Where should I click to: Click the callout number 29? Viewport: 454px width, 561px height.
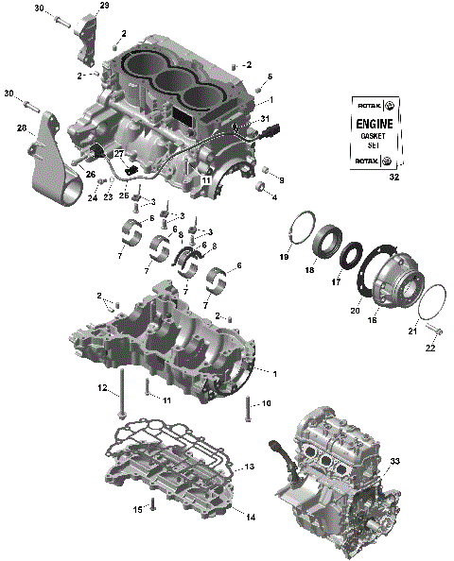click(x=104, y=6)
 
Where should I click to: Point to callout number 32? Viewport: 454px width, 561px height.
click(x=393, y=176)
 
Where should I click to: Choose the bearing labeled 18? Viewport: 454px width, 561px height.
click(x=326, y=238)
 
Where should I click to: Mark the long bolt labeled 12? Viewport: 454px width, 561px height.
click(x=122, y=394)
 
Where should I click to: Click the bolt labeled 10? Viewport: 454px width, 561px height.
click(x=247, y=409)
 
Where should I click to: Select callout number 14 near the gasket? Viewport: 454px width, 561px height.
click(x=251, y=517)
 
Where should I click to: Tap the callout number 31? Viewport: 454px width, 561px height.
click(x=265, y=118)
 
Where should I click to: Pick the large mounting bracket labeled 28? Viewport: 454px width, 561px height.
click(x=52, y=161)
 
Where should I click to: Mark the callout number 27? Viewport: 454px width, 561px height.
click(x=119, y=153)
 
